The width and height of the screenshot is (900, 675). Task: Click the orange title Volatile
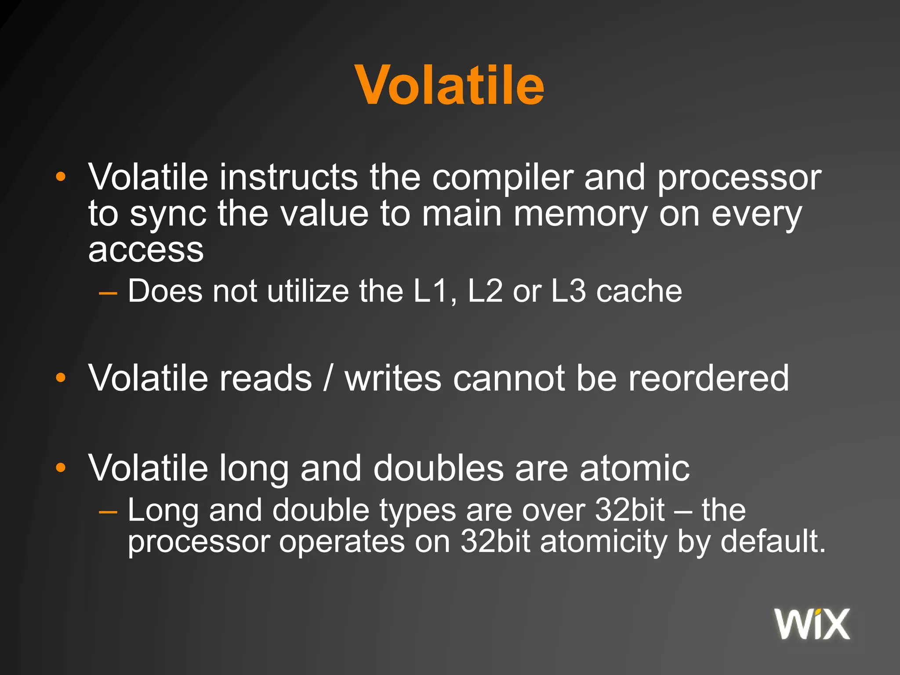pos(450,85)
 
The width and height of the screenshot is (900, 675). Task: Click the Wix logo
pos(812,624)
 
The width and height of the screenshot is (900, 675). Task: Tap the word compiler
pos(502,178)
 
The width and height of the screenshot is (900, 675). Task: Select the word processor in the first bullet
pos(739,178)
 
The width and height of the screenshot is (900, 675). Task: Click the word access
pos(146,250)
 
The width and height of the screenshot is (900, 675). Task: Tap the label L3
pos(568,291)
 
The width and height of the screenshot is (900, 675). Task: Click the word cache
pos(639,291)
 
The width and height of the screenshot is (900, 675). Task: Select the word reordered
pos(708,378)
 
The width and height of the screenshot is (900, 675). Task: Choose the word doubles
pos(438,468)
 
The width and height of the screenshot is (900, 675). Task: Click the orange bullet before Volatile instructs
pos(61,177)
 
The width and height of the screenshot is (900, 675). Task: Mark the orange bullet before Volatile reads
pos(61,377)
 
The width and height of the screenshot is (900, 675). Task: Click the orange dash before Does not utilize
pos(108,292)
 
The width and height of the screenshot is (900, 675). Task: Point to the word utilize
pos(308,291)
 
